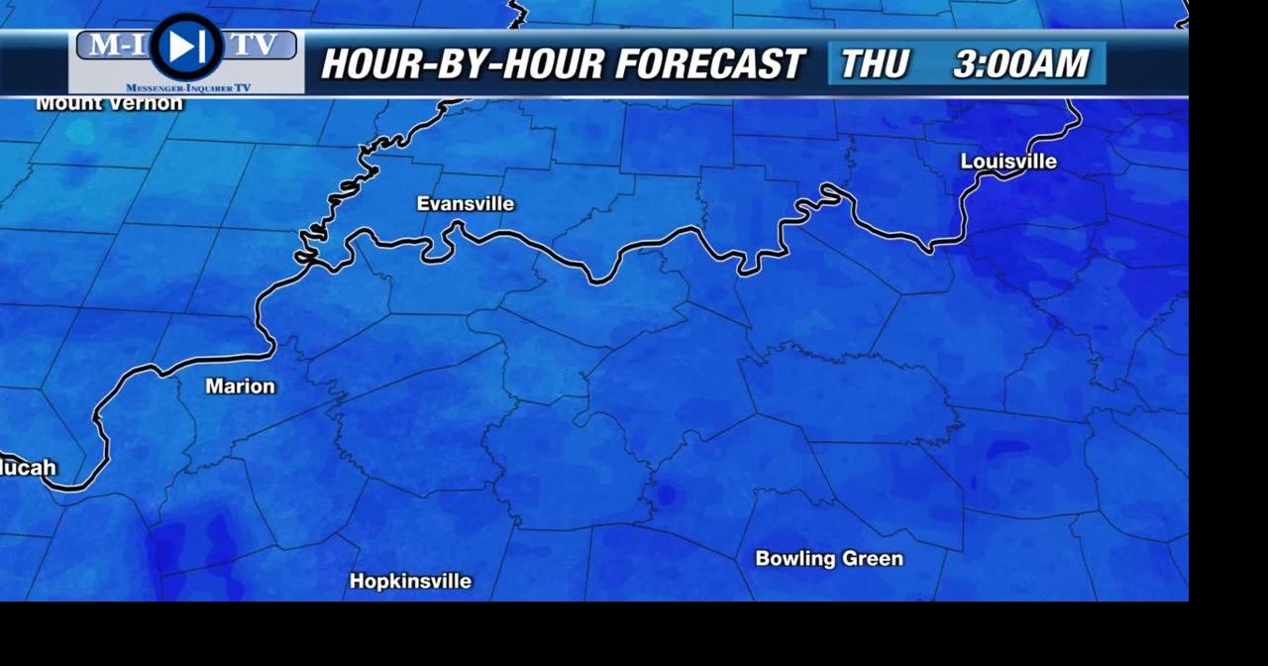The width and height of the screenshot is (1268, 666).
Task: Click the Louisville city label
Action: click(x=1008, y=162)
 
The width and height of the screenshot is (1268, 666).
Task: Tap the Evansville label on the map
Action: click(x=466, y=204)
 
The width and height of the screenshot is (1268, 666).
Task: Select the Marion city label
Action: click(x=240, y=387)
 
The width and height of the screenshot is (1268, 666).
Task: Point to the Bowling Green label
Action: click(x=829, y=559)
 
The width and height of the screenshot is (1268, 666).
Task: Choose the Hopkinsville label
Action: click(x=410, y=582)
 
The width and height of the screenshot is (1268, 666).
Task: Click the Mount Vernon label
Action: click(x=109, y=103)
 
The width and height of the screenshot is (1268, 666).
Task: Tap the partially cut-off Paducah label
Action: click(x=28, y=468)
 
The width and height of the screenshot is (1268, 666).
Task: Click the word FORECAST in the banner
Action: click(x=709, y=64)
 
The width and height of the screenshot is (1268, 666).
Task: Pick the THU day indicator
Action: click(x=875, y=64)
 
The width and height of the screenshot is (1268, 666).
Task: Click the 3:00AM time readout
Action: click(x=1020, y=64)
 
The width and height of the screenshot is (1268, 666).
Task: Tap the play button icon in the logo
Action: click(x=186, y=47)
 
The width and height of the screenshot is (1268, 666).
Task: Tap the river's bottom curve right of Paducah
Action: click(x=74, y=487)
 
